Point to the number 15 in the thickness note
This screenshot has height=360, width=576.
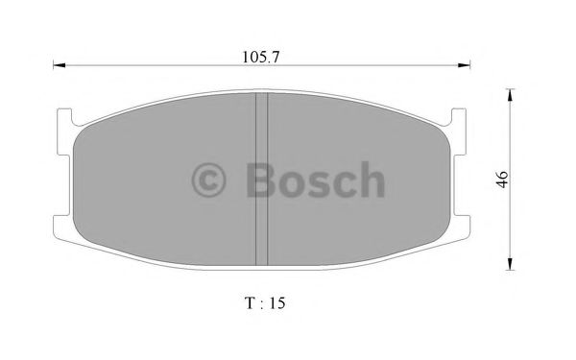pyautogui.click(x=277, y=302)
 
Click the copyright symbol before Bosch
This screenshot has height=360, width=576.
pyautogui.click(x=210, y=180)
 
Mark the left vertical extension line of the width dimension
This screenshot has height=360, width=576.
pyautogui.click(x=52, y=86)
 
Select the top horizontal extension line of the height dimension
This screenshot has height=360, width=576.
pyautogui.click(x=494, y=87)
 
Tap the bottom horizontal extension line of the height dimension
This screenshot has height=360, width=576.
pyautogui.click(x=494, y=270)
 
